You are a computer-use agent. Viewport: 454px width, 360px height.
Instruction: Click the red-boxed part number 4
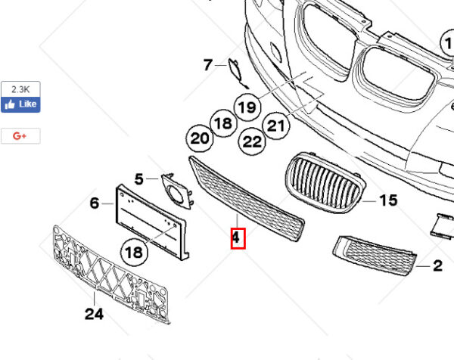pos(238,238)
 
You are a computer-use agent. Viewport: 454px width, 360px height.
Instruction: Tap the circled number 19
pos(247,107)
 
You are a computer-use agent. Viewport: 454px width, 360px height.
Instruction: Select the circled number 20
pos(200,138)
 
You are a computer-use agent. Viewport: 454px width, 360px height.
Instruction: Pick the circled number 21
pos(276,126)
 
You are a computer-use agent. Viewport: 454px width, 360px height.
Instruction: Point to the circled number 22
pos(252,141)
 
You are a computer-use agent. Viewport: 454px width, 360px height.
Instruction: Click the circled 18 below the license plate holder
pos(134,253)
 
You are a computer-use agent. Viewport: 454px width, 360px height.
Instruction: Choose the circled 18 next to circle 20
pos(223,123)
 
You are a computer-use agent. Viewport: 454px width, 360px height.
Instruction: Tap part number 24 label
pos(94,314)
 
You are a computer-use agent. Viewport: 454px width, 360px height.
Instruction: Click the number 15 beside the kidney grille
pos(388,200)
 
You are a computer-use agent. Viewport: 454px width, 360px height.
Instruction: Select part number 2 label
pos(438,265)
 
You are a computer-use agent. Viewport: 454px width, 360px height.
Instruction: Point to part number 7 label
pos(208,65)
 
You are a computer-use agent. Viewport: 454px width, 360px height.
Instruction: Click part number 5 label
pos(139,179)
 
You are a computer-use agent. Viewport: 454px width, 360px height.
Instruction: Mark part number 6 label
pos(95,203)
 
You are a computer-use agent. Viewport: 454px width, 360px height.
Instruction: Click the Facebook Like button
pos(20,104)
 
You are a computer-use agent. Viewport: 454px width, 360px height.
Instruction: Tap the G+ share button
pos(20,135)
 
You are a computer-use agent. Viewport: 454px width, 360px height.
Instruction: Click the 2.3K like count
pos(20,89)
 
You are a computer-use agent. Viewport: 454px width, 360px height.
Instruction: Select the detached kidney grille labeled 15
pos(325,182)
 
